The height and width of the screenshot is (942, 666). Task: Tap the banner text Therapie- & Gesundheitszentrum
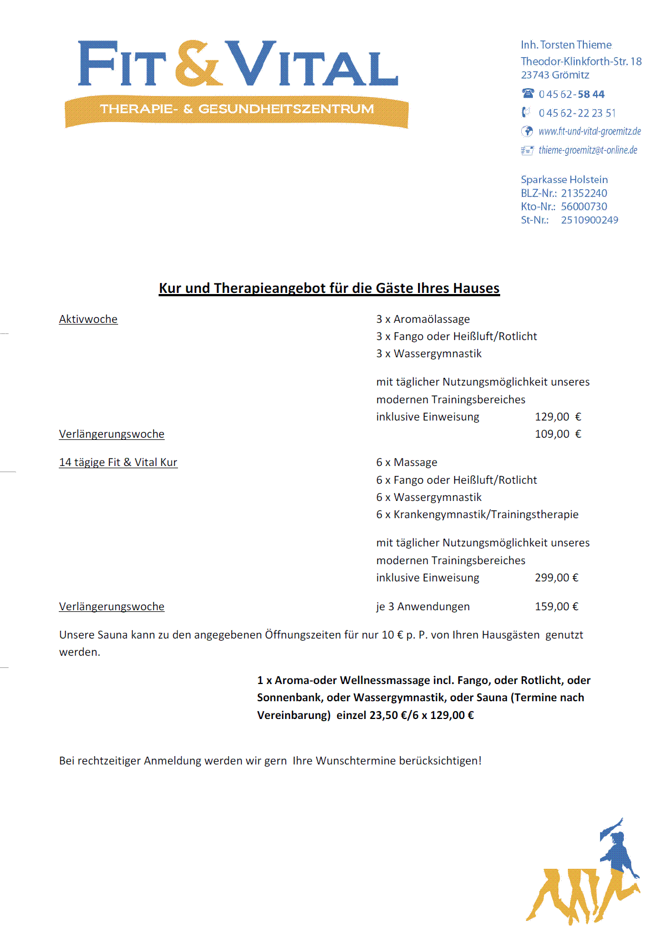237,109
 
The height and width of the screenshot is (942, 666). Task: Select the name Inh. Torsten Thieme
566,45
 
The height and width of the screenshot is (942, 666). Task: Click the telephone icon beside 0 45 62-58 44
528,93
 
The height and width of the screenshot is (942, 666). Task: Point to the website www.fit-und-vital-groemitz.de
589,131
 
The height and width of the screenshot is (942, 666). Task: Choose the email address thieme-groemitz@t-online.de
588,150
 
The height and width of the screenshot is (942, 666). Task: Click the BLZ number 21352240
584,193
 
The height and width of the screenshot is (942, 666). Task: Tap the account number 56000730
584,206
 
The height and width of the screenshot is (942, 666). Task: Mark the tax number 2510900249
589,220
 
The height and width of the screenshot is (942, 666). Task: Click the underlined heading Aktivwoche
88,319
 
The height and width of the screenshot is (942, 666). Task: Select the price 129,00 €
558,417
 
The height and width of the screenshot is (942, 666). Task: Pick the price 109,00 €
558,434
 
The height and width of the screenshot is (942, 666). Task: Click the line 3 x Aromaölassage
423,319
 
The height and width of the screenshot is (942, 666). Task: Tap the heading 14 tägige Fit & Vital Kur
118,462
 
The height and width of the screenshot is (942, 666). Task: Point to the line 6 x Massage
406,462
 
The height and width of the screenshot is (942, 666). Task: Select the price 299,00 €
556,578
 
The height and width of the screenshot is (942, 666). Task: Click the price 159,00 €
556,606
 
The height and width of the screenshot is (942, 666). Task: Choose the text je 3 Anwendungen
423,606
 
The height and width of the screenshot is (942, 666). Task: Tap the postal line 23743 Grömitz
555,75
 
